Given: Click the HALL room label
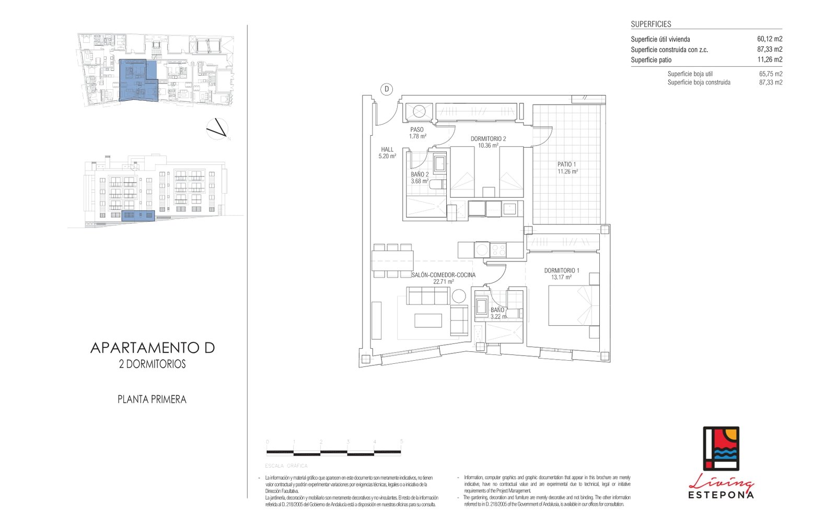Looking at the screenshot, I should (387, 149).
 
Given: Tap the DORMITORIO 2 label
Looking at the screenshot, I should (488, 139).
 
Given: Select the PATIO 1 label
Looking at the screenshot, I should (566, 164).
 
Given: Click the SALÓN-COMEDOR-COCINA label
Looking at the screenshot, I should (443, 275).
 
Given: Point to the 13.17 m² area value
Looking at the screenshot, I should (561, 278).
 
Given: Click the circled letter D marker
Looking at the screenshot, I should (387, 89).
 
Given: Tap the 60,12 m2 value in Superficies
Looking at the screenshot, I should (769, 39).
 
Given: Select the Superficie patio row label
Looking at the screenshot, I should (651, 60).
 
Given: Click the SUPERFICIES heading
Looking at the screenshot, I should (651, 24).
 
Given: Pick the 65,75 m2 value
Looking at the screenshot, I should (770, 74).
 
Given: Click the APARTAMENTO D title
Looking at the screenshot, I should (153, 348).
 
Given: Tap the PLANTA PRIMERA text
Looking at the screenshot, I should (152, 399).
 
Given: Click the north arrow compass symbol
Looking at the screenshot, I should (217, 129).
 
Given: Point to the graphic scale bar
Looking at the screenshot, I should (334, 452).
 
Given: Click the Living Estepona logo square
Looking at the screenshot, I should (721, 448).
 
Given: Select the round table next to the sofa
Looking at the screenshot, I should (459, 296).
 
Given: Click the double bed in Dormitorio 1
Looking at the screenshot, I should (573, 306).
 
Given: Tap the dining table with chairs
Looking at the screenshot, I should (392, 260).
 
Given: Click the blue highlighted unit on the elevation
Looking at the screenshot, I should (138, 216).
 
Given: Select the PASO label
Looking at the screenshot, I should (417, 129).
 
